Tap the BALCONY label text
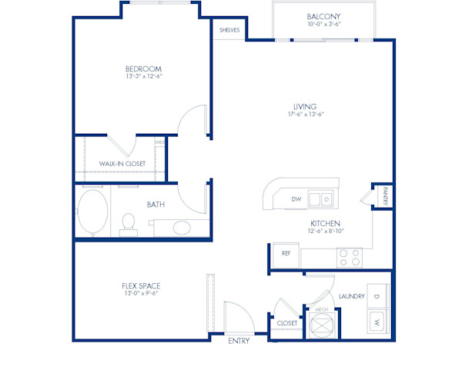click(x=323, y=17)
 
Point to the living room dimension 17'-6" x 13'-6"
click(x=305, y=115)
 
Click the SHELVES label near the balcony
click(x=229, y=30)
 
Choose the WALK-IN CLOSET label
click(x=122, y=164)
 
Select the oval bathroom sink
click(x=183, y=228)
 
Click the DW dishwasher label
click(x=296, y=199)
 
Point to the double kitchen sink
click(x=322, y=200)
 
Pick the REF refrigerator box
click(x=286, y=252)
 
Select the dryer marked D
click(x=377, y=295)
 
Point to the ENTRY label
click(x=239, y=341)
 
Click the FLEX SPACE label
click(x=140, y=285)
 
